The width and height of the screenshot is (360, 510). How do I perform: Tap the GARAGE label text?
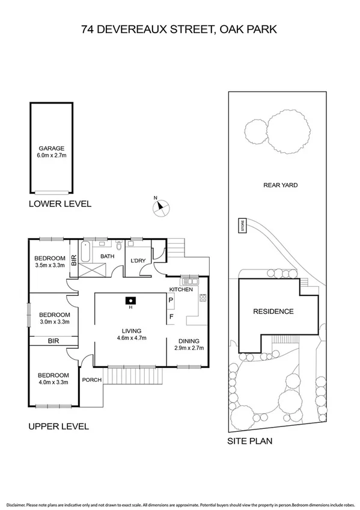point(51,148)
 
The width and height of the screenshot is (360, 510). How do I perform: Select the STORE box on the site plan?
point(243,226)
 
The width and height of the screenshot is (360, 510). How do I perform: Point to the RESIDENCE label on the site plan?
point(273,312)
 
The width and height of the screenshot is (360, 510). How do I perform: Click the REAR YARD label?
point(280,185)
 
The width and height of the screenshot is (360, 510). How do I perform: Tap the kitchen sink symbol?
point(192,281)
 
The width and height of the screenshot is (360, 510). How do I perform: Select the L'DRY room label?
point(139,260)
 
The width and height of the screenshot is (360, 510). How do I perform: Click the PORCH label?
point(91,379)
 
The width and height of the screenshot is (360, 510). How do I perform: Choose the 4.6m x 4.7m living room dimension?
point(131,338)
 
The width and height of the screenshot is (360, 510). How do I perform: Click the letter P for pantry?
point(171,300)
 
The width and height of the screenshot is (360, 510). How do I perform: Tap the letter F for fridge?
point(171,316)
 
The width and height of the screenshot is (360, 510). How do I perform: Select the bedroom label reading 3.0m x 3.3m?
point(54,322)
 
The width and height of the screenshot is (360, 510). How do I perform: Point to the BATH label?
point(107,257)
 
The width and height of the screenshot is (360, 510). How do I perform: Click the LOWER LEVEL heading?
point(60,204)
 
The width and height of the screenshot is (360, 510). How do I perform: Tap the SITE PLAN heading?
point(249,440)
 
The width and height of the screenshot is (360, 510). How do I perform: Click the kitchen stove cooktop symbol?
point(203,297)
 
